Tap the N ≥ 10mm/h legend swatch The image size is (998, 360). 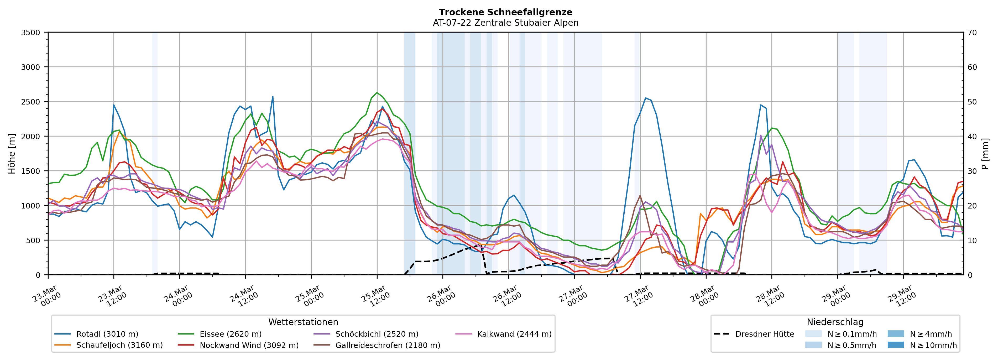pos(896,345)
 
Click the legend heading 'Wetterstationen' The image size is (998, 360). pos(303,322)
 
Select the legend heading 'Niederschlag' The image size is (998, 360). pos(835,322)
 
